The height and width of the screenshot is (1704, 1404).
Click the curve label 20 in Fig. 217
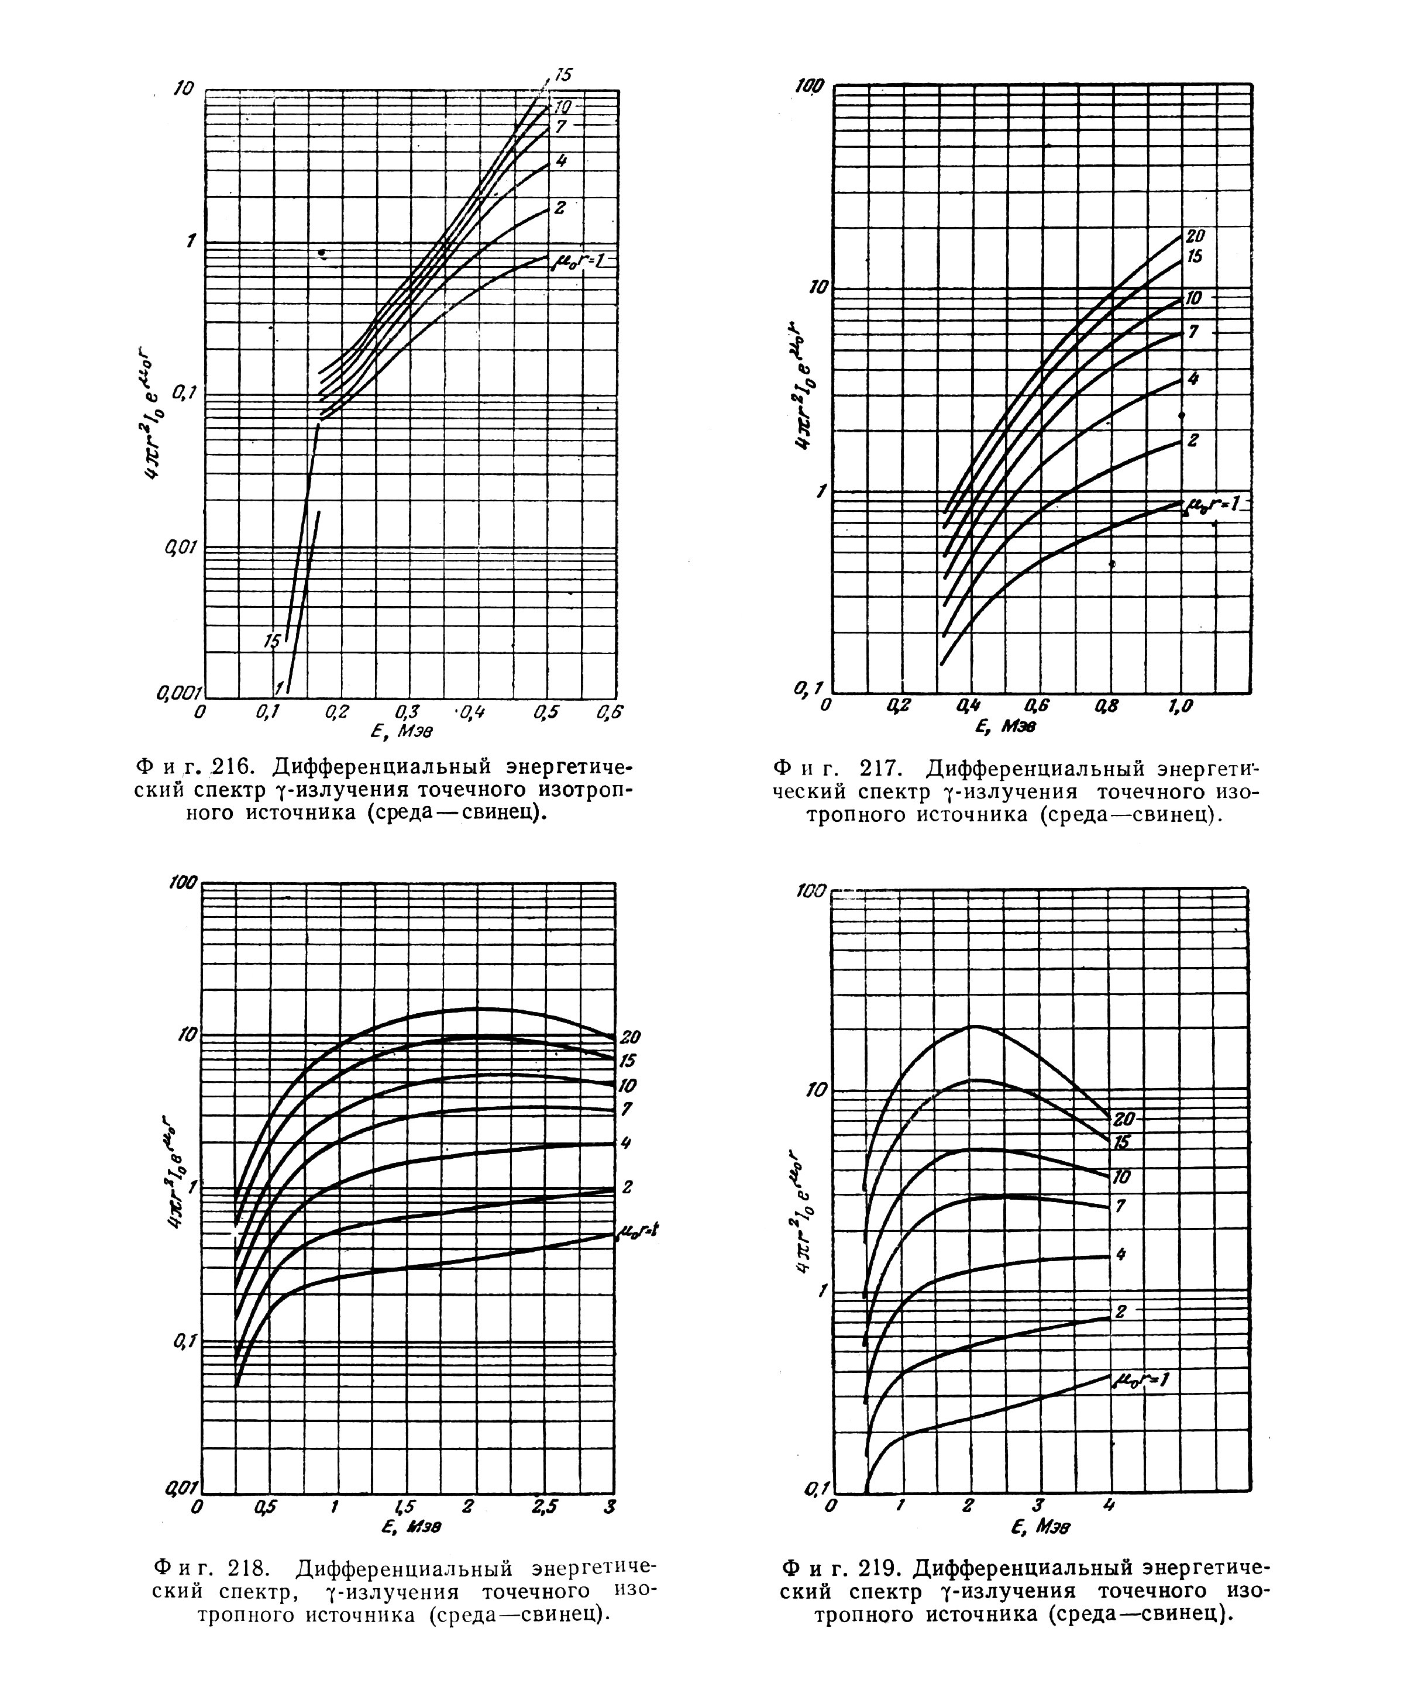[1195, 236]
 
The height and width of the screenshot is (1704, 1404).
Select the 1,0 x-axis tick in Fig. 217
[1181, 706]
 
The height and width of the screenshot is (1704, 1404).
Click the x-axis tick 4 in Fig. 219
[1109, 1505]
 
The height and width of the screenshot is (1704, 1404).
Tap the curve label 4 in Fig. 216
[561, 162]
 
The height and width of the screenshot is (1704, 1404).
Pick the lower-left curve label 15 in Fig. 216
[273, 641]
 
